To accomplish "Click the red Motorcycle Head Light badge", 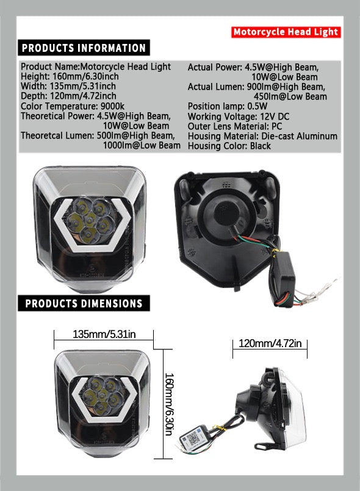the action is (x=286, y=32).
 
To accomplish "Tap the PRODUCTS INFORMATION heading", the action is (x=84, y=48).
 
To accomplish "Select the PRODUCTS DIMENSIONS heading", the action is (x=84, y=303).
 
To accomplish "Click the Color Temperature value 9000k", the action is (x=112, y=106).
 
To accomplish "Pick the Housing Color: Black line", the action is (x=229, y=146).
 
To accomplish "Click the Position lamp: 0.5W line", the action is (x=228, y=107).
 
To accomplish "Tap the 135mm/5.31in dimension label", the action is (x=104, y=334).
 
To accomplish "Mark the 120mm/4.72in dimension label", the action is (x=270, y=343).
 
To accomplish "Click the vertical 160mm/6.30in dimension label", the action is (x=169, y=404).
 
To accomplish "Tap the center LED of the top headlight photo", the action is (x=90, y=220).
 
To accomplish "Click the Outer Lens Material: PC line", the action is (x=235, y=126).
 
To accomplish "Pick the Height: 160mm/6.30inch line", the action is (x=70, y=76).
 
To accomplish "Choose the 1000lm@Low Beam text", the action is (x=142, y=146).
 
